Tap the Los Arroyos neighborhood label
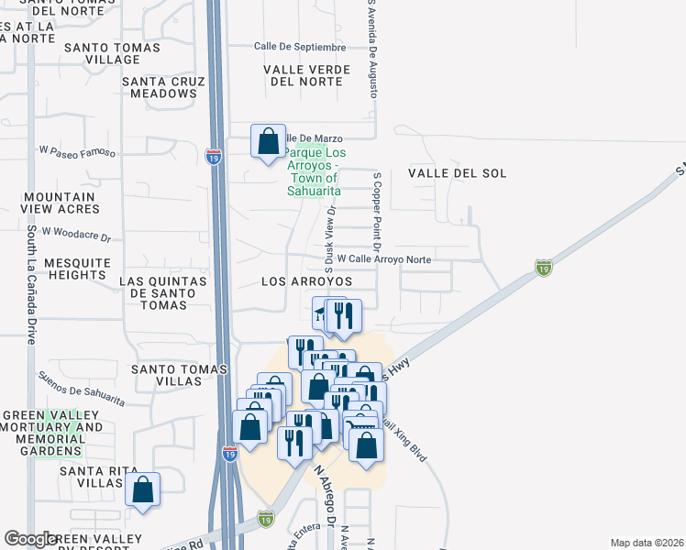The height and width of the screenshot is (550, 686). tap(306, 281)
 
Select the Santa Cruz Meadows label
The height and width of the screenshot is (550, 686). tap(162, 87)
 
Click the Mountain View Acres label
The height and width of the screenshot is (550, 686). tap(60, 203)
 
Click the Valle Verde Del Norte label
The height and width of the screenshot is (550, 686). tap(306, 75)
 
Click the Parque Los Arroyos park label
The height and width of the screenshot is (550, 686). tap(312, 171)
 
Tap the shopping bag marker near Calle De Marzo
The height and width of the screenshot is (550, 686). tap(269, 142)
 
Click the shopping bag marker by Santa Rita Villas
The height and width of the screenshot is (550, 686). tap(143, 490)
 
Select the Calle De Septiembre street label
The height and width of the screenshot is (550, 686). tap(300, 47)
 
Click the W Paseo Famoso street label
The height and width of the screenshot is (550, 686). tap(77, 151)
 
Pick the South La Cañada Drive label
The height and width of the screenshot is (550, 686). tap(31, 284)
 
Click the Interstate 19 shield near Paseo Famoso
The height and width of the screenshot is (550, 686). tap(213, 158)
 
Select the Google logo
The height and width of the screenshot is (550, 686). tap(31, 539)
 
